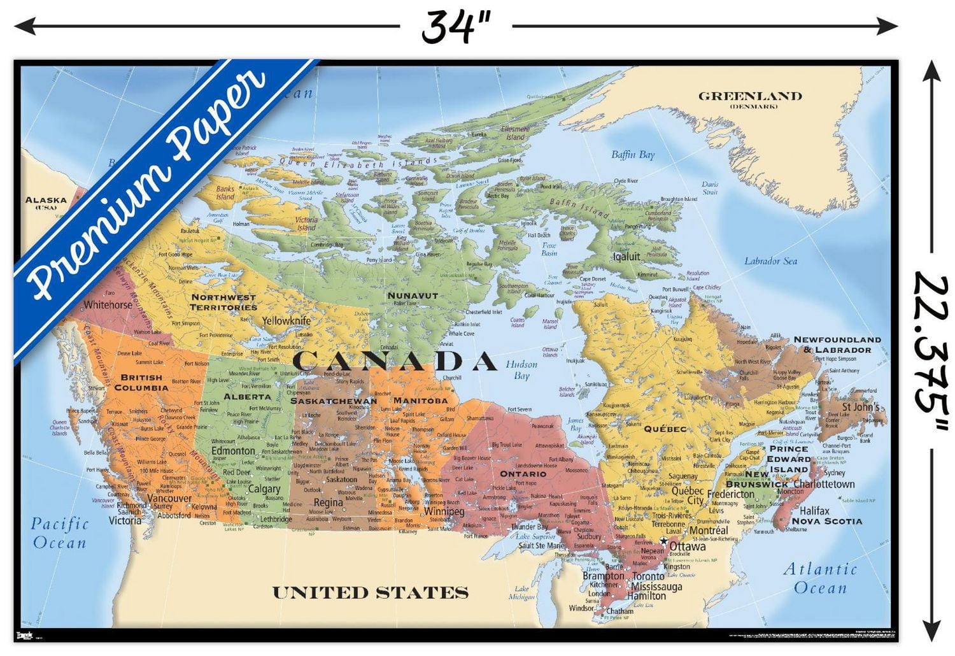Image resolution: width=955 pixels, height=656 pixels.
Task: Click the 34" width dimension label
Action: [456, 27]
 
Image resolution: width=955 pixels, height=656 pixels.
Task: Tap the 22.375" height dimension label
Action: [931, 350]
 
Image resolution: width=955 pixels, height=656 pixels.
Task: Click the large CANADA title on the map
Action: [394, 361]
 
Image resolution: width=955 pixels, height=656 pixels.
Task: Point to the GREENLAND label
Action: [749, 97]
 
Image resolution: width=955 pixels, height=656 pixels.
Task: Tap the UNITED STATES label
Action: [370, 592]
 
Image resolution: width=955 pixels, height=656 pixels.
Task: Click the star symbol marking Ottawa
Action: [663, 541]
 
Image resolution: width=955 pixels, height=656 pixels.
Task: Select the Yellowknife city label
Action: [286, 320]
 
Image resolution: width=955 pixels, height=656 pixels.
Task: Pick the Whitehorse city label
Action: [108, 304]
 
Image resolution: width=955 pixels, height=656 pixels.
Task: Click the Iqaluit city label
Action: [626, 257]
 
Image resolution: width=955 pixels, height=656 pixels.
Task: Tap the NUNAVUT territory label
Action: [413, 296]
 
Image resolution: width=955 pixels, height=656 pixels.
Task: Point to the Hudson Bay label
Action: [521, 370]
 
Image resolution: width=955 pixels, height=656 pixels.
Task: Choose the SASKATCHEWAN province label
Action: [334, 401]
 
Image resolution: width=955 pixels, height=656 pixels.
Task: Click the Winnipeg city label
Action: [444, 511]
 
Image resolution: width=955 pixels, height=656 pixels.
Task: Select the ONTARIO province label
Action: [523, 474]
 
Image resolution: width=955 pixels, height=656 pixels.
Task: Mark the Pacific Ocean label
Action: [59, 533]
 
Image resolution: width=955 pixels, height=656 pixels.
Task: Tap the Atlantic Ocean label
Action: [820, 578]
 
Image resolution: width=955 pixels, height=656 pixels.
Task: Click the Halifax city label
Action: [814, 510]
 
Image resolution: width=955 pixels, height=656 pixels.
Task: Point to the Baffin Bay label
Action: [632, 155]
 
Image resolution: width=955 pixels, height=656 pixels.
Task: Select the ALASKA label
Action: [46, 200]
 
